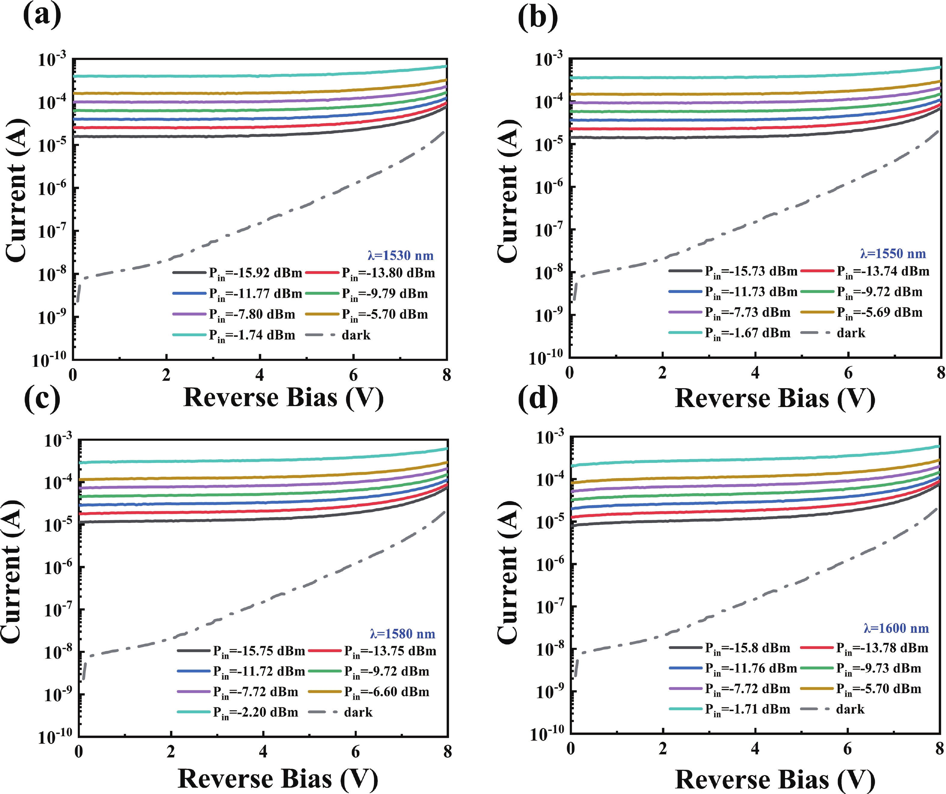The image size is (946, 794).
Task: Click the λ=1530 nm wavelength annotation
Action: click(401, 256)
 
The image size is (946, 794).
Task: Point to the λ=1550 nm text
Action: click(893, 254)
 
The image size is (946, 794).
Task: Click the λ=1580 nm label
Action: click(402, 634)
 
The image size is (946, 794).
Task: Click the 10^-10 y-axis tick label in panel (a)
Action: click(49, 360)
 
